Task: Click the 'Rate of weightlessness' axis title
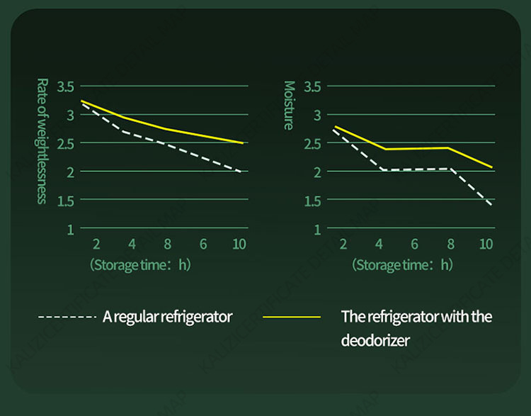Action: (x=41, y=140)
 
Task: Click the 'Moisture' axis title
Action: (x=289, y=105)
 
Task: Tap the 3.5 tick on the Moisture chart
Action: (x=312, y=86)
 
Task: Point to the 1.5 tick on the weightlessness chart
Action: (x=65, y=201)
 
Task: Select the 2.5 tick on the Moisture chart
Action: (x=312, y=143)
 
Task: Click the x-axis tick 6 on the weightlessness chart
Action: (x=203, y=244)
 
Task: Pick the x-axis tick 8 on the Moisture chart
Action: (x=450, y=244)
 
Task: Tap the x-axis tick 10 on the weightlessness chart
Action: (x=239, y=244)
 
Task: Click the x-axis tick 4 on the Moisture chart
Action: (x=379, y=244)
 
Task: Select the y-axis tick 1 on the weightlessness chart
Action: (x=71, y=229)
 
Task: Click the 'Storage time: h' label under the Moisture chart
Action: (x=401, y=265)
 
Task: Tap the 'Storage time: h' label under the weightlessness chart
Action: (x=139, y=265)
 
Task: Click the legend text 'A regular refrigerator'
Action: (x=167, y=317)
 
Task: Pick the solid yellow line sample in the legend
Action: (x=291, y=317)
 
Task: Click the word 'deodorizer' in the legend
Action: (x=375, y=340)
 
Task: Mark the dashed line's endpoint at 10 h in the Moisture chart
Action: (x=491, y=206)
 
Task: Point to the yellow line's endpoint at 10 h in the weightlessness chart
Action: (x=244, y=143)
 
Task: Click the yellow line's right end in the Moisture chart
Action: (x=491, y=167)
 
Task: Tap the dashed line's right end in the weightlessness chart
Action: (x=244, y=172)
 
